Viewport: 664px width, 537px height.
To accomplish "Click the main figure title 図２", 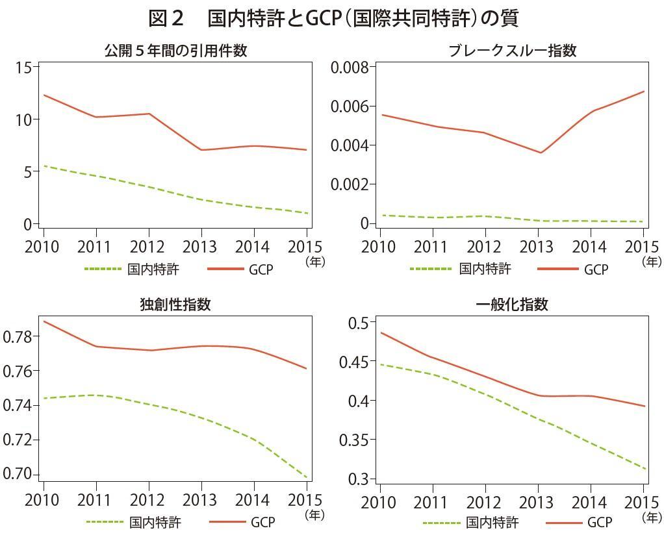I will pyautogui.click(x=168, y=18).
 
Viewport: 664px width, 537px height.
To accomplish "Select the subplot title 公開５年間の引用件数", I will pyautogui.click(x=175, y=51).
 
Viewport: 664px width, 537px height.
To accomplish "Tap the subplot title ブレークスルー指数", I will pyautogui.click(x=513, y=51).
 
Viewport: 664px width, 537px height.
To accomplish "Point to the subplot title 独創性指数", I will pyautogui.click(x=175, y=304).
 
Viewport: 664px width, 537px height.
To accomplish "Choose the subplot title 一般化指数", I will pyautogui.click(x=513, y=304).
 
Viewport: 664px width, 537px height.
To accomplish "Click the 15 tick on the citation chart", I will pyautogui.click(x=23, y=68).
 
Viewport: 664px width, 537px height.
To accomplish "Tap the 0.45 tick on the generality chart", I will pyautogui.click(x=353, y=362).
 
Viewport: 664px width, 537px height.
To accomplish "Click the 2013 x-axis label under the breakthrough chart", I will pyautogui.click(x=537, y=247).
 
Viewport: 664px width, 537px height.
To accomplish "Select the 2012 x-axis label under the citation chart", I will pyautogui.click(x=149, y=247).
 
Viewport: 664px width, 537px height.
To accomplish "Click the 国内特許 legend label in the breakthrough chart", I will pyautogui.click(x=485, y=269).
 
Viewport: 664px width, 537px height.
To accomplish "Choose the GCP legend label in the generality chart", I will pyautogui.click(x=600, y=522).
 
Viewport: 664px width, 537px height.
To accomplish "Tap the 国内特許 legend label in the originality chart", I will pyautogui.click(x=155, y=522).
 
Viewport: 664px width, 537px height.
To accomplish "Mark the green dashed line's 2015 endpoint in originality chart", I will pyautogui.click(x=307, y=477).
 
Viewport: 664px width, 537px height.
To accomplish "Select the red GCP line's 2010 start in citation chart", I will pyautogui.click(x=44, y=95).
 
